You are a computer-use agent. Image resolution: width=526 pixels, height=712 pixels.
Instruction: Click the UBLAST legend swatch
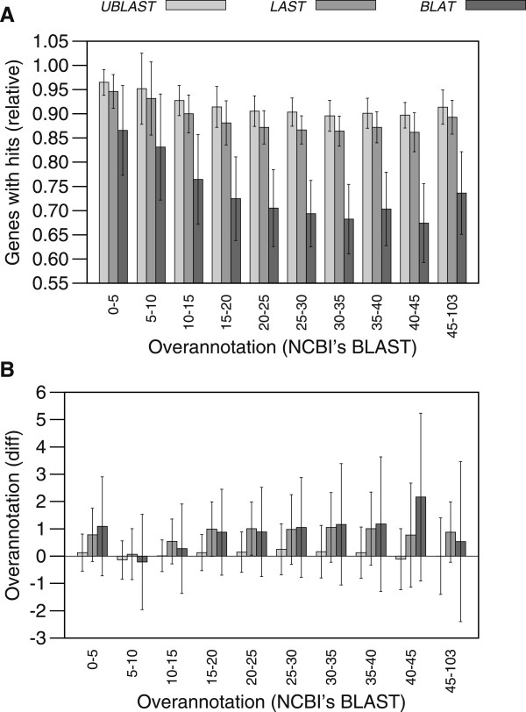pos(201,6)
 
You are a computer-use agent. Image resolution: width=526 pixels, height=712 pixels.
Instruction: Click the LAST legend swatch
pos(352,6)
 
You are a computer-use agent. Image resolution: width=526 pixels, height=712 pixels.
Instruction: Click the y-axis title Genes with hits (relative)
pos(14,162)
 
